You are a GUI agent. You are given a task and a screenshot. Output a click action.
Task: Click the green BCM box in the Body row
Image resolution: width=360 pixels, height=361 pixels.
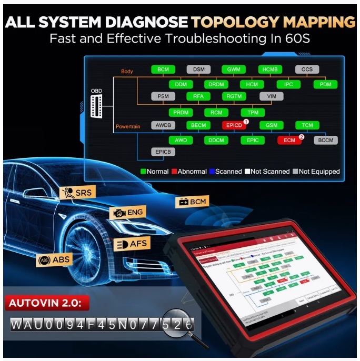click(x=163, y=69)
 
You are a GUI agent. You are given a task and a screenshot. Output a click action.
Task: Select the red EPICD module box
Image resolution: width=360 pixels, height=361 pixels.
click(x=234, y=126)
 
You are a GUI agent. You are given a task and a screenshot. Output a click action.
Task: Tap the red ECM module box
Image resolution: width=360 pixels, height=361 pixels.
click(x=289, y=141)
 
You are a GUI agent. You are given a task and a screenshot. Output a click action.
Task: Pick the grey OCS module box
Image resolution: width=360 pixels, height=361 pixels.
click(x=307, y=69)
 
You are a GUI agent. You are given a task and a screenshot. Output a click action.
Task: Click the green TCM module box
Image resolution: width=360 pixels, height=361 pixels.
click(x=307, y=126)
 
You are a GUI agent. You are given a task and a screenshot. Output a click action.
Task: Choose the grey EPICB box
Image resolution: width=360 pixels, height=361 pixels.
click(x=163, y=152)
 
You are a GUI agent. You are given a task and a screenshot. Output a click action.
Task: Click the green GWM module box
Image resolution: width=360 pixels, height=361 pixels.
click(x=234, y=69)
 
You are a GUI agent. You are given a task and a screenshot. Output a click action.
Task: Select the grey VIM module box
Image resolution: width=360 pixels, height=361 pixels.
click(x=271, y=96)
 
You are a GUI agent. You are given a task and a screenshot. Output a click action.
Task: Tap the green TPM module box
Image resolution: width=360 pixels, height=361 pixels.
click(x=253, y=113)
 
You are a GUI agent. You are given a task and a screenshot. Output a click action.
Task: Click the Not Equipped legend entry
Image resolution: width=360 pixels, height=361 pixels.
click(x=317, y=172)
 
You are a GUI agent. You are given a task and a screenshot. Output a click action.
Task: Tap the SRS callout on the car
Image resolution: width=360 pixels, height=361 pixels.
click(x=77, y=193)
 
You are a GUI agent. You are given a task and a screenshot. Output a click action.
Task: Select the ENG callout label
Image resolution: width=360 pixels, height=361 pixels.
click(x=126, y=213)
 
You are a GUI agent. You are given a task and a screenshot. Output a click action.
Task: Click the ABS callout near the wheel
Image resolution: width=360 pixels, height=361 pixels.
click(x=54, y=259)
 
